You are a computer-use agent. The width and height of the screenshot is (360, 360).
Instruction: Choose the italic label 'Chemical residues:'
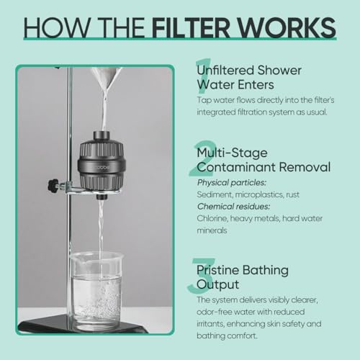231,207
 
